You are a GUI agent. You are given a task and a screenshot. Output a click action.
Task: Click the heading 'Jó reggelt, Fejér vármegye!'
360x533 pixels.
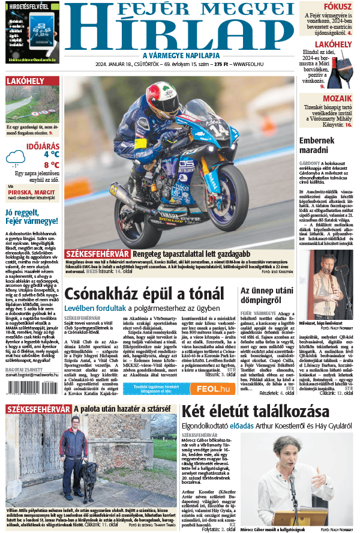31,216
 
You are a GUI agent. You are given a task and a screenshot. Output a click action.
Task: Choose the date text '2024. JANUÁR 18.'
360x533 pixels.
120,64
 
